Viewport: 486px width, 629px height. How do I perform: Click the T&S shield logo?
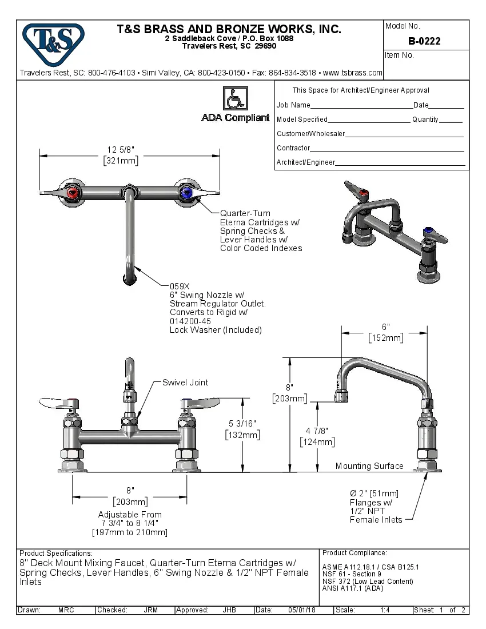53,41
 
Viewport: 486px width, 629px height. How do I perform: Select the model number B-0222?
424,41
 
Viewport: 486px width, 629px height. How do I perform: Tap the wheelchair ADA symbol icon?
235,98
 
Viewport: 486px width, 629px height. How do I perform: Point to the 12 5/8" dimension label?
121,150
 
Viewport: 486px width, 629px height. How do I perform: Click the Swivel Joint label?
185,383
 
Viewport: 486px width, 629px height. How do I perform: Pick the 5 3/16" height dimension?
243,424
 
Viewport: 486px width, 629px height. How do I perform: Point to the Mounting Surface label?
369,466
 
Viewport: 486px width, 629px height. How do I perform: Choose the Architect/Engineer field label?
305,162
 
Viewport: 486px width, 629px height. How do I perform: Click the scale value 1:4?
385,610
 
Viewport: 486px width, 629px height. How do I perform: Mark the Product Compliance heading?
354,553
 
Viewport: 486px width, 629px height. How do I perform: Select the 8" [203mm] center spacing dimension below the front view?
130,496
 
